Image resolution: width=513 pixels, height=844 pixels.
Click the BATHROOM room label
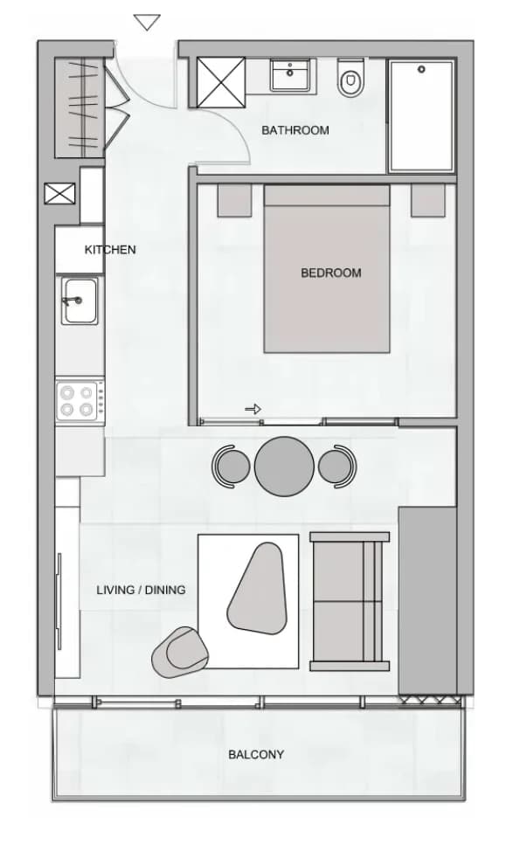point(295,130)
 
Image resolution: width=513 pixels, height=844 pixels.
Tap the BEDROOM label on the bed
point(331,273)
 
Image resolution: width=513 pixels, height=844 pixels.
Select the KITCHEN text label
point(110,250)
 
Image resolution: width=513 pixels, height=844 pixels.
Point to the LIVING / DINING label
point(141,590)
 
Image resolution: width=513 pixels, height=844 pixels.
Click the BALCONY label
point(256,755)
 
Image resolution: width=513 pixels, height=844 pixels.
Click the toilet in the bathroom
point(351,79)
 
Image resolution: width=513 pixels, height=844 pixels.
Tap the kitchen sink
point(80,301)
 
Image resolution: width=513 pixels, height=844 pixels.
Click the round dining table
point(284,467)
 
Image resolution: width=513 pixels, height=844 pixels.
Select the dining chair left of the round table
point(231,467)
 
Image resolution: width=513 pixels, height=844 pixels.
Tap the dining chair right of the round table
point(337,467)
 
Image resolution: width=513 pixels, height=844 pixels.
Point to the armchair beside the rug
point(180,652)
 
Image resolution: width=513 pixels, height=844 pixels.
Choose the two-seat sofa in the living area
point(350,601)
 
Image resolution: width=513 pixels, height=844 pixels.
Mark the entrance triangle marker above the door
point(147,23)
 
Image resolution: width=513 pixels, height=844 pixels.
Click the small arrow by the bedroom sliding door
point(253,410)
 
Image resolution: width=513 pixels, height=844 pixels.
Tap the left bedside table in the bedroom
point(235,201)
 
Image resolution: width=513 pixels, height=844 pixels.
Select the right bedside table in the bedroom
point(428,201)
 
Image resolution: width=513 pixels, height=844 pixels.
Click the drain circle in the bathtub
point(421,69)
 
